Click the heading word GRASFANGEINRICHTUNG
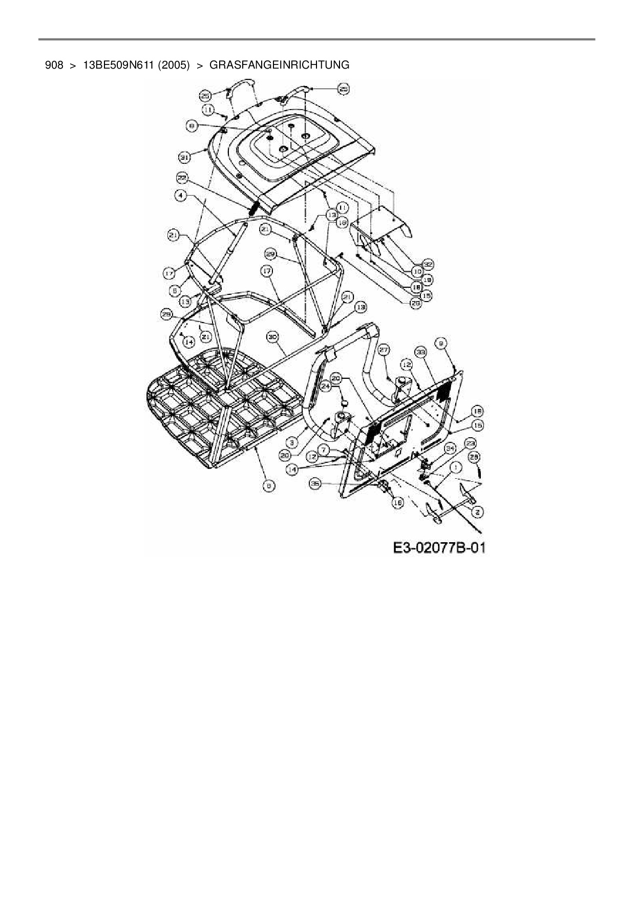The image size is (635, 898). pyautogui.click(x=280, y=65)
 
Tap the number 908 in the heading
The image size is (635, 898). pyautogui.click(x=54, y=65)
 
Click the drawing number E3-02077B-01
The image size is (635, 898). pyautogui.click(x=439, y=548)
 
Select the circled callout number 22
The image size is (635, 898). pyautogui.click(x=183, y=178)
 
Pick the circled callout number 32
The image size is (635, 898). pyautogui.click(x=428, y=264)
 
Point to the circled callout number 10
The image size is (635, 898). pyautogui.click(x=417, y=271)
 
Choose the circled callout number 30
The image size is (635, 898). pyautogui.click(x=272, y=337)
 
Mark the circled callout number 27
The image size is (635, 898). pyautogui.click(x=384, y=349)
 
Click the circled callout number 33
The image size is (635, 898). pyautogui.click(x=421, y=352)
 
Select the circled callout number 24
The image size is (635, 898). pyautogui.click(x=326, y=388)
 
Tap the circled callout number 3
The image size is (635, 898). pyautogui.click(x=292, y=441)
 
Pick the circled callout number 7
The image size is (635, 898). pyautogui.click(x=324, y=450)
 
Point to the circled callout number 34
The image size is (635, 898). pyautogui.click(x=450, y=449)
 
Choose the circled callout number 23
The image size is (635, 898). pyautogui.click(x=470, y=443)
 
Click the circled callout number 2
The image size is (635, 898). pyautogui.click(x=478, y=511)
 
